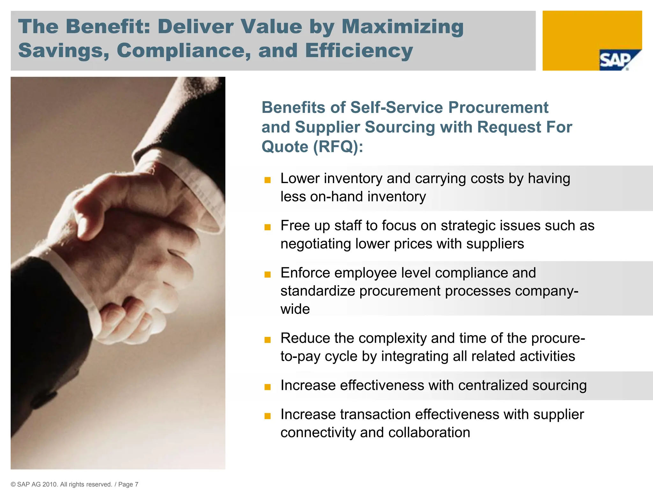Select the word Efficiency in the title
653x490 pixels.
coord(359,50)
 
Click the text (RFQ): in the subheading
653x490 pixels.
coord(338,147)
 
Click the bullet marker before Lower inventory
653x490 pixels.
coord(268,180)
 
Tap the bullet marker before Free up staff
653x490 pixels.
coord(268,227)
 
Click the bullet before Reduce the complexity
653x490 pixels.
coord(268,340)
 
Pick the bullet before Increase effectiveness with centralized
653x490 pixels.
coord(268,387)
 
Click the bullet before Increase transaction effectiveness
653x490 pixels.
coord(268,416)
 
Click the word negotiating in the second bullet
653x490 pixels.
coord(316,244)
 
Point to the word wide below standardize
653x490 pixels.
coord(295,309)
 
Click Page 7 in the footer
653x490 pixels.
coord(128,484)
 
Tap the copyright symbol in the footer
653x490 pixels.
coord(13,484)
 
